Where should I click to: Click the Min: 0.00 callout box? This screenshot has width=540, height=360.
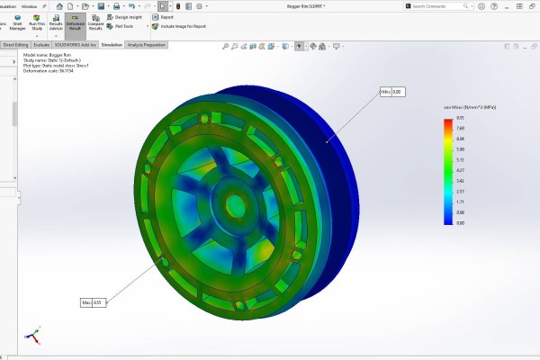click(391, 92)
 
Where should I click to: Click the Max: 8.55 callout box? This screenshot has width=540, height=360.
click(93, 301)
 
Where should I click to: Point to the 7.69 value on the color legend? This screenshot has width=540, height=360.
click(461, 128)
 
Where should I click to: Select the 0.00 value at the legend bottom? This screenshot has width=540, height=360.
click(461, 222)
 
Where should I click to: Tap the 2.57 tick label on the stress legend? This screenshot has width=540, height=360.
click(461, 191)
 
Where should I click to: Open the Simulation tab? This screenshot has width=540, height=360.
click(112, 44)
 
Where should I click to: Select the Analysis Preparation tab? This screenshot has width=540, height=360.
click(146, 44)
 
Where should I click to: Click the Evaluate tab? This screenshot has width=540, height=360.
click(41, 44)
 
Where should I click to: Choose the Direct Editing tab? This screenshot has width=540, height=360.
click(15, 44)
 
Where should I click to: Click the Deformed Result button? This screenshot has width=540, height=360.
click(75, 23)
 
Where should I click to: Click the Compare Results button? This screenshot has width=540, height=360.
click(95, 23)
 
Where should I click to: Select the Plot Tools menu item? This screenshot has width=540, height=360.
click(121, 26)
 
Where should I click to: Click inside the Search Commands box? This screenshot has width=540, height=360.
click(441, 5)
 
